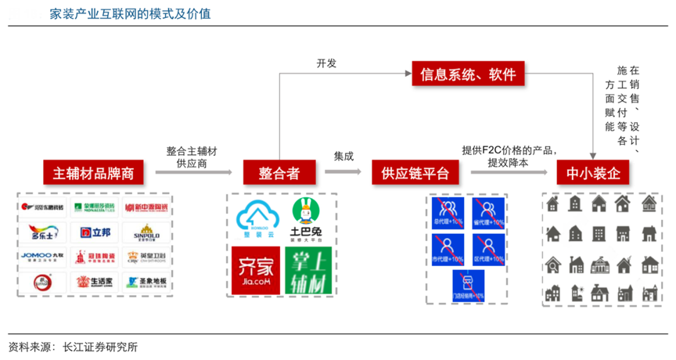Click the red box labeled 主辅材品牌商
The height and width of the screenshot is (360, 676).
(x=94, y=173)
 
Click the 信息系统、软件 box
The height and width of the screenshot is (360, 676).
(x=468, y=75)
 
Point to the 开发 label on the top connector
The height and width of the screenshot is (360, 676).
(x=326, y=63)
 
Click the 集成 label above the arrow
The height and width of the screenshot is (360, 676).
(x=343, y=156)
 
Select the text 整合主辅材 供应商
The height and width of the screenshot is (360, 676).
(x=192, y=157)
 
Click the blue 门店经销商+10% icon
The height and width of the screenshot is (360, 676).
(x=466, y=286)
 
